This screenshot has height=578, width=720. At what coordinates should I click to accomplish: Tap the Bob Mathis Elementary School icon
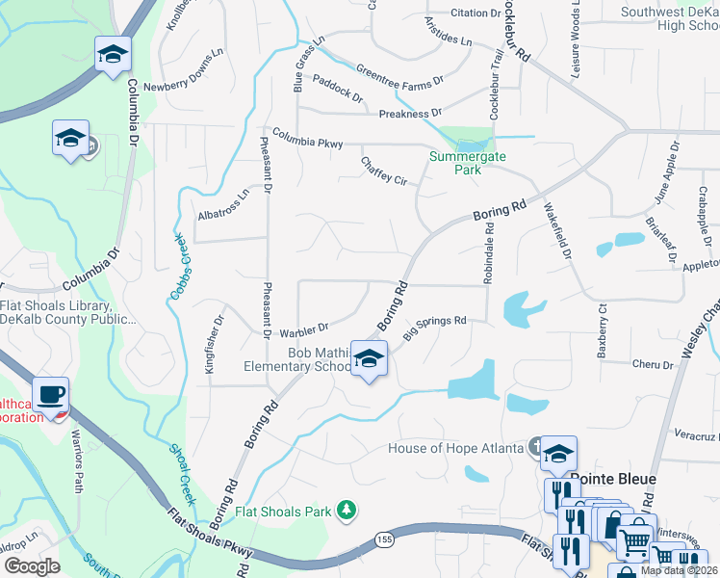pyautogui.click(x=368, y=359)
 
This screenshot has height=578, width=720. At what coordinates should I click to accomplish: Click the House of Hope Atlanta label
pyautogui.click(x=454, y=448)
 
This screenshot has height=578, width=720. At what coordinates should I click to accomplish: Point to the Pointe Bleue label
pyautogui.click(x=612, y=479)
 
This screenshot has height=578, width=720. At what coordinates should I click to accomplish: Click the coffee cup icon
pyautogui.click(x=51, y=395)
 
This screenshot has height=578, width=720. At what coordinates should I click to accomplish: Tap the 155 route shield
pyautogui.click(x=385, y=537)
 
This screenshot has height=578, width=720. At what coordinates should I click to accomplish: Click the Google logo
pyautogui.click(x=32, y=566)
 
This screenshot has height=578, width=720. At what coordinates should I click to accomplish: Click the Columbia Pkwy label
pyautogui.click(x=307, y=138)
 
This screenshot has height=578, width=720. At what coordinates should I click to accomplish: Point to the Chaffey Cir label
pyautogui.click(x=384, y=171)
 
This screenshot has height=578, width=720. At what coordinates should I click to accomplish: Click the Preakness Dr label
pyautogui.click(x=410, y=114)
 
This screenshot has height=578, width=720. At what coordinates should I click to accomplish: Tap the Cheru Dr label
pyautogui.click(x=653, y=364)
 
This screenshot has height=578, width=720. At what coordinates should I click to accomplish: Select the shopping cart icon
pyautogui.click(x=633, y=543)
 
